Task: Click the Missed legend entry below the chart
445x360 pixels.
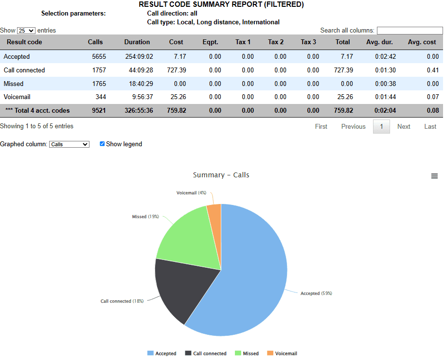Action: click(247, 353)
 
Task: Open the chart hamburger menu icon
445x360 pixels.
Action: click(434, 176)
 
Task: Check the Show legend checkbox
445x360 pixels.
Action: click(102, 144)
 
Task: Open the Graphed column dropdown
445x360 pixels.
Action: click(69, 144)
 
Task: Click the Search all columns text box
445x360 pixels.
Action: click(409, 31)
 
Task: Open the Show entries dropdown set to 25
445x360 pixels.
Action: click(26, 31)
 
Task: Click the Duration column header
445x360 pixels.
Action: click(137, 42)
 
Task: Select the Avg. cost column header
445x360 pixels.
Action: click(422, 42)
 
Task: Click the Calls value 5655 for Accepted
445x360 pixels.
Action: click(99, 57)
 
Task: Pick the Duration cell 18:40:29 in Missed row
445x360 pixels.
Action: click(139, 84)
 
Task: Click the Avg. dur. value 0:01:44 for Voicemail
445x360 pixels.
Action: click(385, 97)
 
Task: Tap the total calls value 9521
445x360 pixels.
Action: click(99, 111)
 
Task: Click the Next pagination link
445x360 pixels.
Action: click(404, 127)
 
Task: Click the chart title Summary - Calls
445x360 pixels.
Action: click(221, 175)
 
